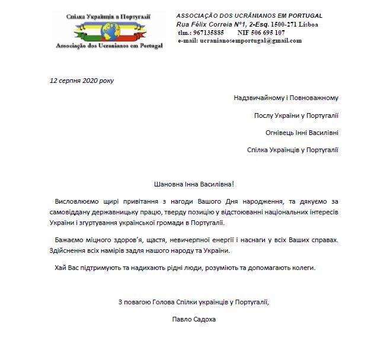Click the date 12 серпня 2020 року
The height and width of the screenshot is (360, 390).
tap(82, 81)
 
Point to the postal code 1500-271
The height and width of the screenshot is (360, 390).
tap(285, 24)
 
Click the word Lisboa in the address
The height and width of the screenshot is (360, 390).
tap(309, 24)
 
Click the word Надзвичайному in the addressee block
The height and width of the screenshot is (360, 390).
tap(258, 98)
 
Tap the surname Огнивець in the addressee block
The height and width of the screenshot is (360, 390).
tap(280, 133)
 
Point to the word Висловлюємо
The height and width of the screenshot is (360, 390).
tap(76, 202)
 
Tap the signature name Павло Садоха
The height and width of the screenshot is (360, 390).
tap(193, 319)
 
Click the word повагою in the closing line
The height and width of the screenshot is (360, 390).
tap(140, 302)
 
